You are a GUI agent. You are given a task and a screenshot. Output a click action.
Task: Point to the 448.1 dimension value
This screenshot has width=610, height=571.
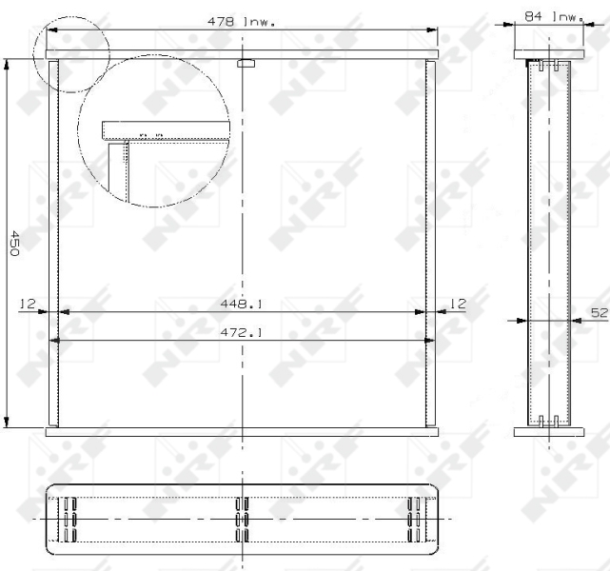click(243, 305)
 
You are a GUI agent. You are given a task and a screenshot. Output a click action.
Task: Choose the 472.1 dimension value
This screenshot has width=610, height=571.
click(243, 333)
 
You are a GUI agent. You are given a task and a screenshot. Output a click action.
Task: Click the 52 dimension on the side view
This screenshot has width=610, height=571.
click(599, 312)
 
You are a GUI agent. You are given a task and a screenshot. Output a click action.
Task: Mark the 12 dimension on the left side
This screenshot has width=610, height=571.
click(27, 304)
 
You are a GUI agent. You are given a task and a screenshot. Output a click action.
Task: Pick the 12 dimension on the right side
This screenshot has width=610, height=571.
click(458, 304)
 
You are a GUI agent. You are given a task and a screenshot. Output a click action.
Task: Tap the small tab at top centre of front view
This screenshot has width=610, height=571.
click(245, 66)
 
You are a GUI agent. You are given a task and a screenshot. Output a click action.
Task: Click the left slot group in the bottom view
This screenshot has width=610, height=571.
click(69, 519)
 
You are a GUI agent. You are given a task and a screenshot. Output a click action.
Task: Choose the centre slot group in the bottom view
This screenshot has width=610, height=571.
click(242, 519)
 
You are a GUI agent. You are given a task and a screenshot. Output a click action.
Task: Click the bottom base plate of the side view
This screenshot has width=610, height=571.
click(548, 432)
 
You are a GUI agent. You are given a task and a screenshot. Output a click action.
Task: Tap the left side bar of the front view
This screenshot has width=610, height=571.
click(53, 244)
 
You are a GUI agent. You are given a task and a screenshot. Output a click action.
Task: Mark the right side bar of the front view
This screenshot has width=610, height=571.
click(432, 244)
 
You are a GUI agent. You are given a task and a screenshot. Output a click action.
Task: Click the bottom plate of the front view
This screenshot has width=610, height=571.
click(243, 432)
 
